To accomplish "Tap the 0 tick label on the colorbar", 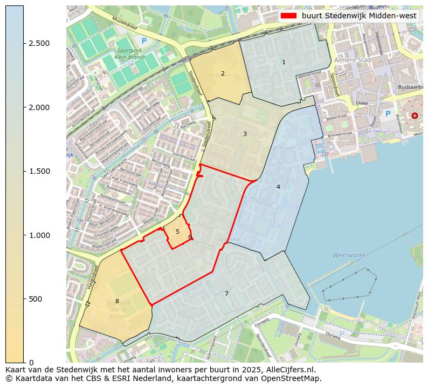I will pos(31,363).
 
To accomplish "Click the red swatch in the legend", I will pos(289,16).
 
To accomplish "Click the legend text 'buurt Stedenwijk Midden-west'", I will pos(359,16).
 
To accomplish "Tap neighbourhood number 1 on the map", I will pos(284,63).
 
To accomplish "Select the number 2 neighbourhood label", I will pos(223,73).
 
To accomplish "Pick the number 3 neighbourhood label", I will pos(245,134).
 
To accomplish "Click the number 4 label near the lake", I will pos(278,187).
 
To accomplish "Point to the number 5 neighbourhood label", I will pos(177,232).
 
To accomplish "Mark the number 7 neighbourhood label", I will pos(226,294).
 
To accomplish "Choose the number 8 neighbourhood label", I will pos(117,301).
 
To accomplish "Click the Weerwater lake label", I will pos(349,255).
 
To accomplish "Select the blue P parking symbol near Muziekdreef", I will pos(143,40).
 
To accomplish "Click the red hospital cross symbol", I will pos(414,115).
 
